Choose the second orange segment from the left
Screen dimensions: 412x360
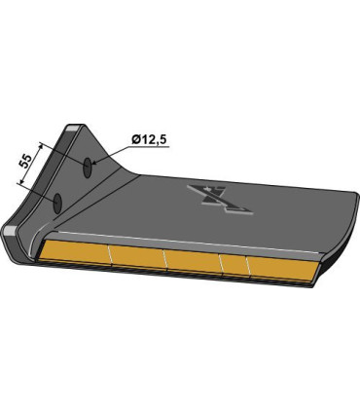[139, 258]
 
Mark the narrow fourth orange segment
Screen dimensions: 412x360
[234, 264]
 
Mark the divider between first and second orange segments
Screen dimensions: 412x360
[109, 256]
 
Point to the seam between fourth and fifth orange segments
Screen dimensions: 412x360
[249, 265]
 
